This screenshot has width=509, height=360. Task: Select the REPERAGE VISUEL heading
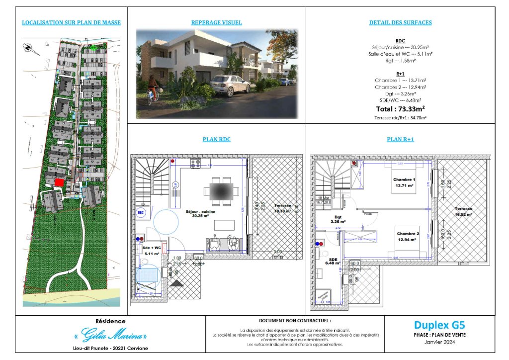216,22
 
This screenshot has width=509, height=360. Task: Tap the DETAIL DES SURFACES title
400,22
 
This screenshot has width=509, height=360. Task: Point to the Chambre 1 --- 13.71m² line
400,80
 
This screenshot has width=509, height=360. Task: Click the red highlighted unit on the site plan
59,182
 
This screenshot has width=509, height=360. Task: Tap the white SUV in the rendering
229,85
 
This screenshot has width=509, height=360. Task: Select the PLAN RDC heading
216,140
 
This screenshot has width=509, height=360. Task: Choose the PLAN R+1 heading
400,140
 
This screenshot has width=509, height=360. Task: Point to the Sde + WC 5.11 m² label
150,250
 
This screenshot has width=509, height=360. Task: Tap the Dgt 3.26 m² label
338,219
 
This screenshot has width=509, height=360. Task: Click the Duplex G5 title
439,326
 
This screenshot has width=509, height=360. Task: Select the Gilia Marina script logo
107,334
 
